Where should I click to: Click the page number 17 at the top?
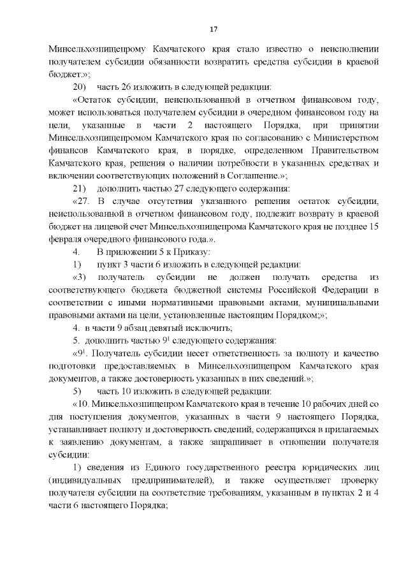pyautogui.click(x=214, y=29)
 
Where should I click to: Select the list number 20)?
pyautogui.click(x=80, y=87)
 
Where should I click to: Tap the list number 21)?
pyautogui.click(x=80, y=188)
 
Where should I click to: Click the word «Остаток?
pyautogui.click(x=94, y=99)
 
